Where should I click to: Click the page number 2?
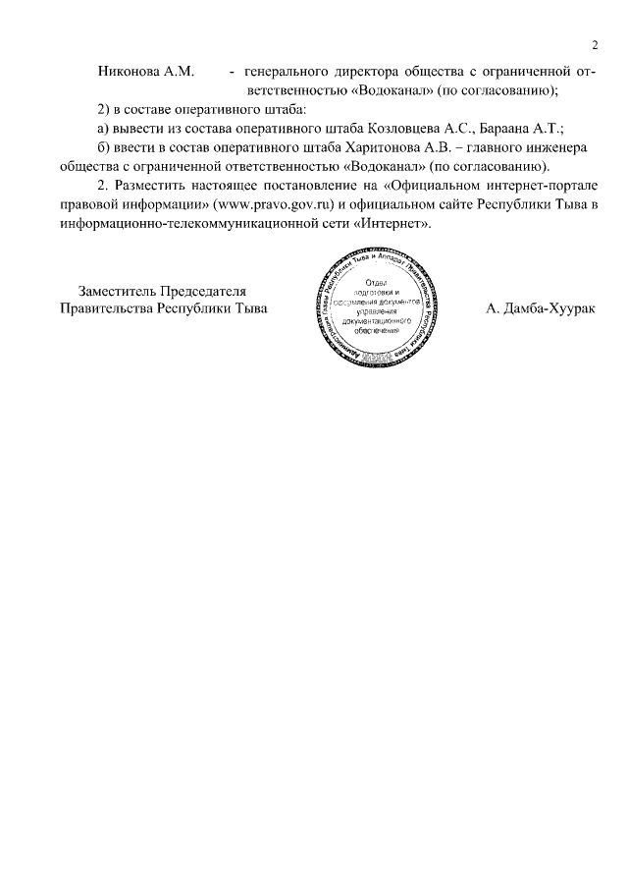[x=595, y=44]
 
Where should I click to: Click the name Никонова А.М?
[x=147, y=72]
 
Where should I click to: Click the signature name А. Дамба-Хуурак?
[x=541, y=307]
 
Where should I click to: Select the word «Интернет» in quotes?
[x=398, y=222]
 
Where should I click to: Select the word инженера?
[x=557, y=146]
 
